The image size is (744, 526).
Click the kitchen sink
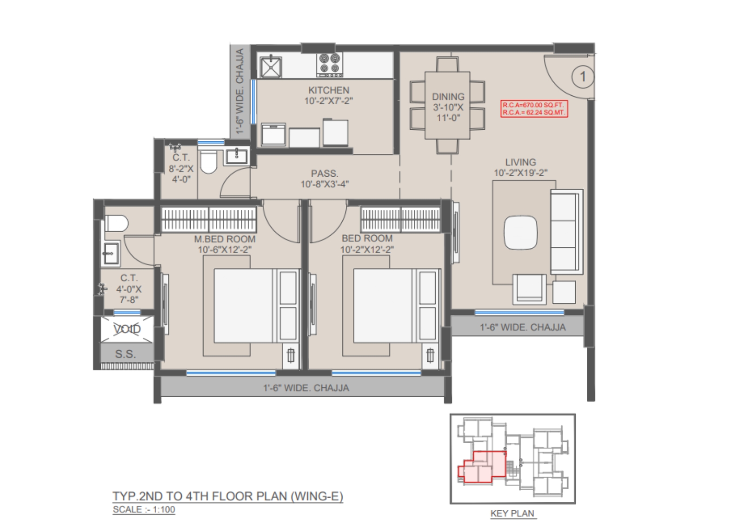pyautogui.click(x=271, y=67)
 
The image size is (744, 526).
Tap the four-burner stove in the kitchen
pyautogui.click(x=330, y=65)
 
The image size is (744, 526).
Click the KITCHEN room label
pyautogui.click(x=328, y=90)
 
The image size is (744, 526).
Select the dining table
pyautogui.click(x=447, y=105)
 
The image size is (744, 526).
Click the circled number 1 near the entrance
pyautogui.click(x=583, y=77)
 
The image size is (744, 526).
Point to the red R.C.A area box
pyautogui.click(x=534, y=109)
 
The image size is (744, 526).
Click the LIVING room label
pyautogui.click(x=520, y=162)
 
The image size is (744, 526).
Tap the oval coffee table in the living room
pyautogui.click(x=520, y=232)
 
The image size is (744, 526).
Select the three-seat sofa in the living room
pyautogui.click(x=567, y=232)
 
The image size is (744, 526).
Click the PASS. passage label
pyautogui.click(x=325, y=173)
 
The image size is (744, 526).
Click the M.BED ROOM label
pyautogui.click(x=225, y=239)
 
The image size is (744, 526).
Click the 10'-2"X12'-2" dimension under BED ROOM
pyautogui.click(x=367, y=249)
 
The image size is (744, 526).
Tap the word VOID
pyautogui.click(x=127, y=329)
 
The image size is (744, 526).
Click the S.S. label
pyautogui.click(x=125, y=354)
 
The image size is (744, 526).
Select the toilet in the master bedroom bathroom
pyautogui.click(x=116, y=223)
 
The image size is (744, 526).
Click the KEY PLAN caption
pyautogui.click(x=512, y=513)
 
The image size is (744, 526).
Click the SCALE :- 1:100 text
pyautogui.click(x=144, y=509)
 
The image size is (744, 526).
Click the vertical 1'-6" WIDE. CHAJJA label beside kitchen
pyautogui.click(x=240, y=91)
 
